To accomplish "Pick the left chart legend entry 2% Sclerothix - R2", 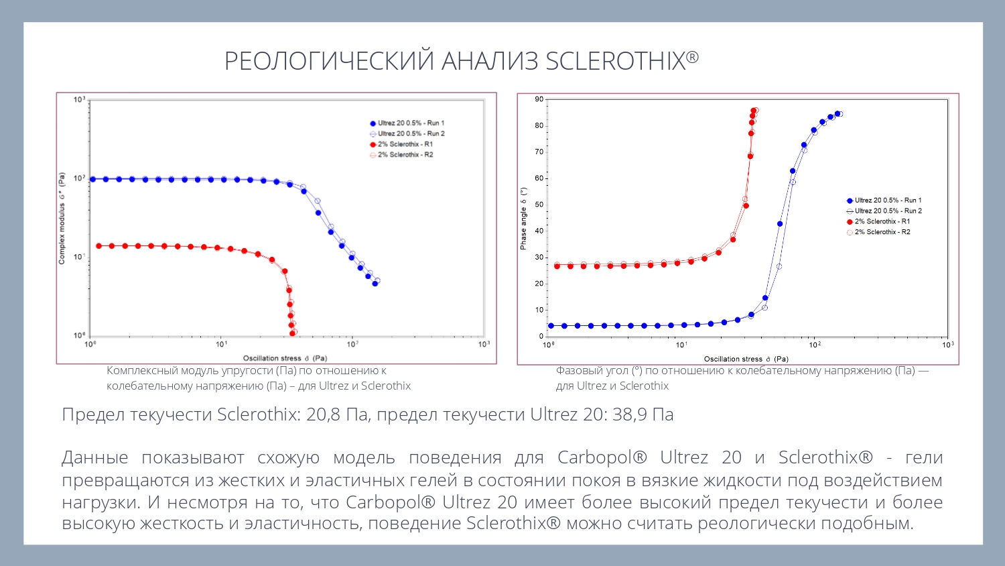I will click(405, 155).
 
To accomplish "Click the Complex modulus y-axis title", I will click(62, 219).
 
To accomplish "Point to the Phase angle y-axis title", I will click(523, 219).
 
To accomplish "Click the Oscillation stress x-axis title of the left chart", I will click(285, 358).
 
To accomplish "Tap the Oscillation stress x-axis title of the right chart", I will click(746, 359).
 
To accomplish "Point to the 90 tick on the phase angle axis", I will click(539, 99).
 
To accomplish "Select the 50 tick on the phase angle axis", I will click(539, 205).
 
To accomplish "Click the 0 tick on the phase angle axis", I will click(541, 336).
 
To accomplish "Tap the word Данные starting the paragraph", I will click(94, 457).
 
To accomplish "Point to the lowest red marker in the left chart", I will click(292, 333).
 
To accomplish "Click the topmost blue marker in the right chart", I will click(837, 114).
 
